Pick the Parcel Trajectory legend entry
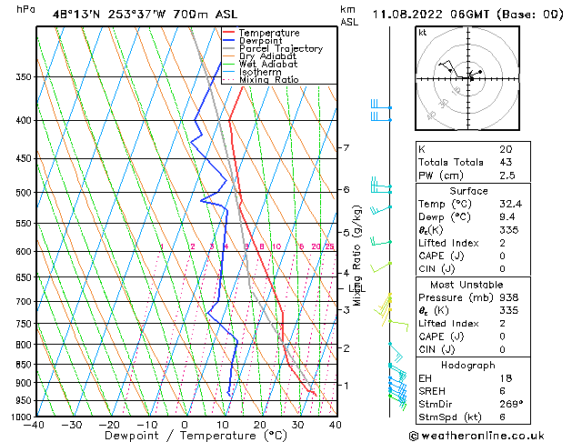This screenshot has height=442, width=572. [280, 49]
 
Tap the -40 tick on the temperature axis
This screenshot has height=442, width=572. [35, 425]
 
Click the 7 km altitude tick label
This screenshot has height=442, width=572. [346, 147]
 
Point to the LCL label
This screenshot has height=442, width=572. [356, 289]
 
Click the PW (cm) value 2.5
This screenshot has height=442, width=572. [506, 176]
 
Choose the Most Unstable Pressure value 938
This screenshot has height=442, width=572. [507, 296]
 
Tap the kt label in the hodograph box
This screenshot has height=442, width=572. [423, 33]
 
